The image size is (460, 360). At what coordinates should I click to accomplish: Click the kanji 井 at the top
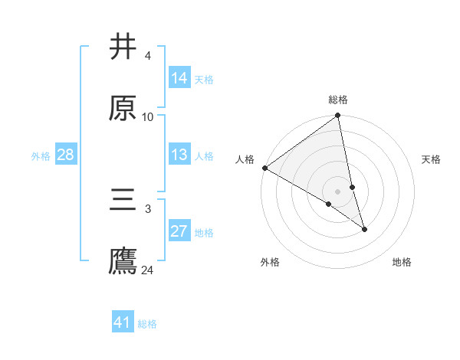pyautogui.click(x=123, y=47)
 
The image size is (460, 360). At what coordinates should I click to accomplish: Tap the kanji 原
pyautogui.click(x=123, y=108)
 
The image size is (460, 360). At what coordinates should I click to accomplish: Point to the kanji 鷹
pyautogui.click(x=123, y=260)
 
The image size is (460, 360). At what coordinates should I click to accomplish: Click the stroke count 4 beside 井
pyautogui.click(x=147, y=56)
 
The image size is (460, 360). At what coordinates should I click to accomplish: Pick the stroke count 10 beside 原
pyautogui.click(x=148, y=117)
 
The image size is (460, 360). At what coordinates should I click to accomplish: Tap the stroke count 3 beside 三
pyautogui.click(x=147, y=208)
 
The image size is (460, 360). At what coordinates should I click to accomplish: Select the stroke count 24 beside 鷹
pyautogui.click(x=148, y=270)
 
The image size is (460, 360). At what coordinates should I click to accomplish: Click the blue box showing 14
pyautogui.click(x=179, y=78)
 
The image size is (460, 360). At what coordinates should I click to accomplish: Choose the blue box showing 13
pyautogui.click(x=179, y=155)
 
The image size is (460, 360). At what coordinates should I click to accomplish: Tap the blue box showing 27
pyautogui.click(x=179, y=231)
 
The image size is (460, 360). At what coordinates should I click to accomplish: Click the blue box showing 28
pyautogui.click(x=65, y=155)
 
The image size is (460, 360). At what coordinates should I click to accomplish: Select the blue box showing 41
pyautogui.click(x=123, y=322)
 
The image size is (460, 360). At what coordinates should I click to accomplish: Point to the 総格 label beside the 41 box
pyautogui.click(x=147, y=324)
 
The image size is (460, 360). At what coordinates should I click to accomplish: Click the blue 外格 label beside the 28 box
pyautogui.click(x=41, y=156)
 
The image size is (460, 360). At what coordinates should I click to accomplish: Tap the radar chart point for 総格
pyautogui.click(x=338, y=116)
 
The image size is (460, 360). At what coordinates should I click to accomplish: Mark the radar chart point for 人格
pyautogui.click(x=264, y=168)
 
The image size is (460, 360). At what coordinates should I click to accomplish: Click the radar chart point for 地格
pyautogui.click(x=364, y=229)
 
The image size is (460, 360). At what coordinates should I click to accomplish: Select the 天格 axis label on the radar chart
pyautogui.click(x=432, y=159)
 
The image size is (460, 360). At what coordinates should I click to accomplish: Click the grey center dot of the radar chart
pyautogui.click(x=338, y=191)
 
